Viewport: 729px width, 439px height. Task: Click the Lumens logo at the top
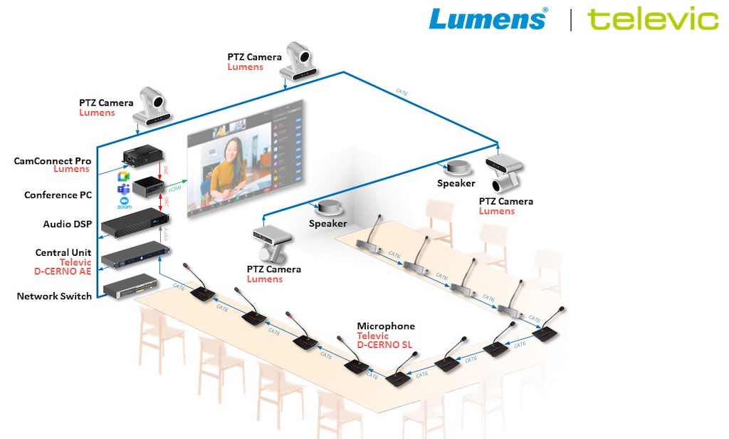(488, 19)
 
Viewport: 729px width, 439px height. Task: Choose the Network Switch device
(129, 285)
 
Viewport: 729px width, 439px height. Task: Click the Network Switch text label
(54, 296)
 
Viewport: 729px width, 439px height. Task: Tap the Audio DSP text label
(67, 224)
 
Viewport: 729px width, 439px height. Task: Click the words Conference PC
(58, 195)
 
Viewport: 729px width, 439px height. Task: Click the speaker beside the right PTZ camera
(456, 169)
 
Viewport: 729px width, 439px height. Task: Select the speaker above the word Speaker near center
(328, 209)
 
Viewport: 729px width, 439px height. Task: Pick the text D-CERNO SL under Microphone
(385, 346)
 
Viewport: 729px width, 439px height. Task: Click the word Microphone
(386, 326)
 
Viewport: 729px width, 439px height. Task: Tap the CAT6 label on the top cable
(403, 92)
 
